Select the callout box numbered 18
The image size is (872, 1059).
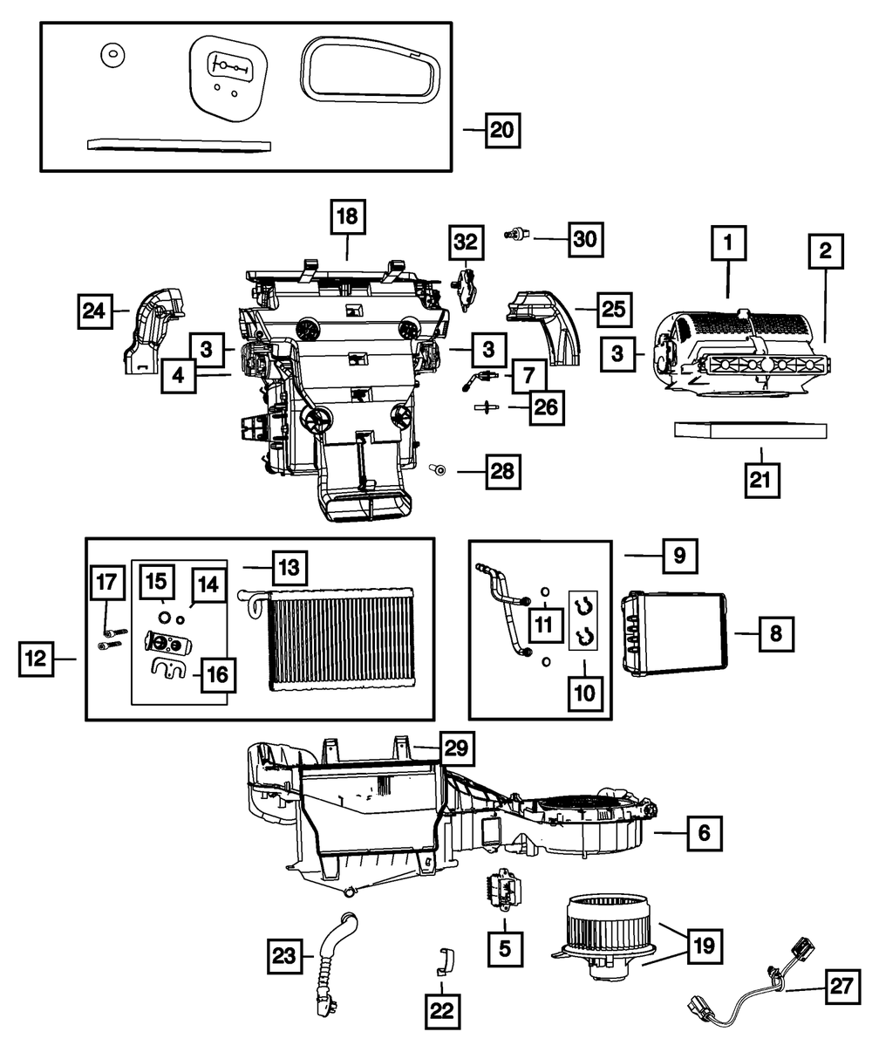(x=348, y=217)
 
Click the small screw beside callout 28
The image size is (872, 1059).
(x=439, y=470)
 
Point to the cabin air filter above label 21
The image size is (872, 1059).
(x=750, y=431)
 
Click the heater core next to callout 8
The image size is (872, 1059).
(x=672, y=633)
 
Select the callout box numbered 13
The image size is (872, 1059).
(x=288, y=568)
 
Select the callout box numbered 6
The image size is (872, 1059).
(x=703, y=833)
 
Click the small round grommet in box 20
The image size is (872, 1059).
(x=111, y=55)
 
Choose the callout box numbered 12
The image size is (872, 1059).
(x=36, y=659)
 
